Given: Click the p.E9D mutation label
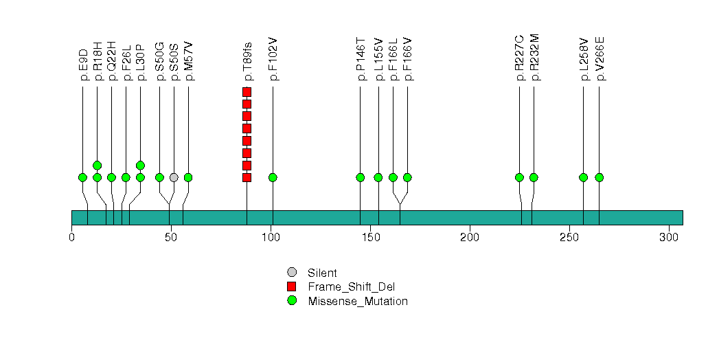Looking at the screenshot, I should (x=83, y=65).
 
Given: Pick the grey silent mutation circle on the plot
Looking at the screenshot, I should (x=174, y=177).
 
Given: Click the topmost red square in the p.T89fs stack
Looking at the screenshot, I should (x=247, y=92).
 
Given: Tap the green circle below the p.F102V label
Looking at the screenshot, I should (x=273, y=177).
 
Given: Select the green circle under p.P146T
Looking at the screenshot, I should (x=361, y=177).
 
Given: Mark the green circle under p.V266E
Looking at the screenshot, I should (x=599, y=177).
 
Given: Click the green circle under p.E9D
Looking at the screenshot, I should (x=83, y=177).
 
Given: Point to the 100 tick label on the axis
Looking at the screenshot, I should (x=271, y=237).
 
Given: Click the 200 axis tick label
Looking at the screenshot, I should (x=470, y=237).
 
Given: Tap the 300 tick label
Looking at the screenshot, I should (x=669, y=237).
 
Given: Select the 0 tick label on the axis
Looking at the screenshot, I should (x=72, y=237).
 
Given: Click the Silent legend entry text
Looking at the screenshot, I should (x=323, y=273).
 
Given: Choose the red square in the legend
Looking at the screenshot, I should (x=292, y=286).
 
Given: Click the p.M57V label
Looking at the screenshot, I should (x=189, y=61).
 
